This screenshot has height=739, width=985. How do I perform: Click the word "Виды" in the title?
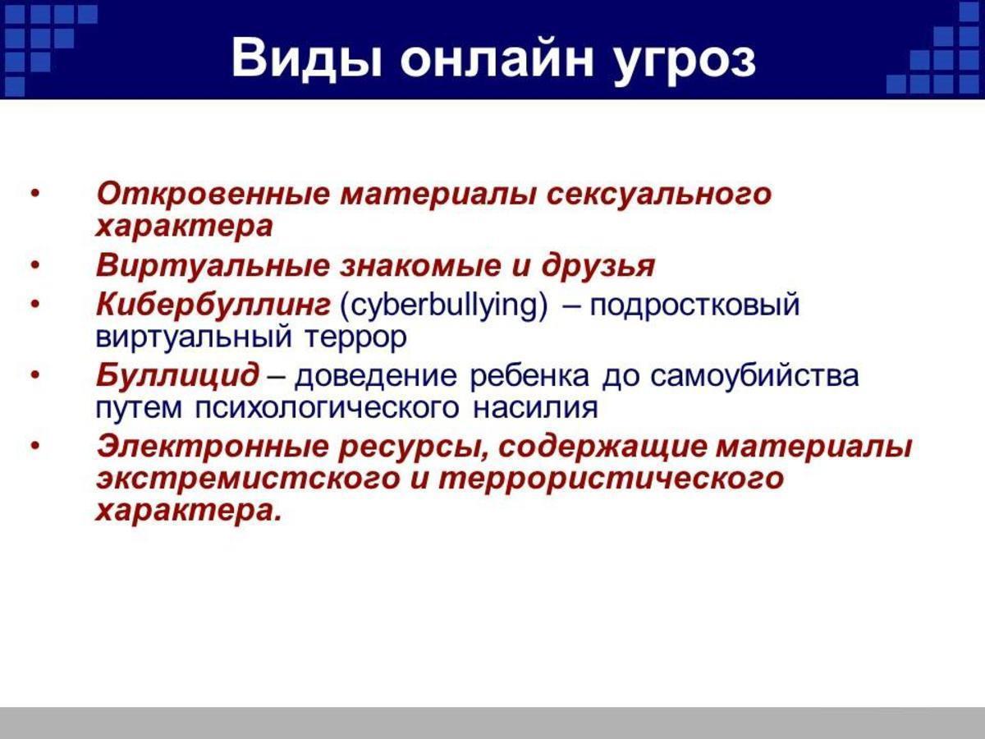[x=307, y=58]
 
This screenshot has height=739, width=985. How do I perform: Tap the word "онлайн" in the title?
[x=497, y=58]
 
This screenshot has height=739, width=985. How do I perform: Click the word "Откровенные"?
[x=213, y=194]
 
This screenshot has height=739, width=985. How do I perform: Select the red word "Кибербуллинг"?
[x=213, y=304]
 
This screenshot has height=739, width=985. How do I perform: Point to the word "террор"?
[x=355, y=338]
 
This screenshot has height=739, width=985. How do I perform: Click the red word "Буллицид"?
[x=177, y=376]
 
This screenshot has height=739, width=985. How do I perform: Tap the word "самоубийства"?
[x=754, y=375]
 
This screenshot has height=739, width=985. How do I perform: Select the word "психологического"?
[x=327, y=409]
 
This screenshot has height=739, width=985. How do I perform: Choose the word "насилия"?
[x=535, y=408]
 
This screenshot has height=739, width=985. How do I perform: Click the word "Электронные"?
[x=213, y=447]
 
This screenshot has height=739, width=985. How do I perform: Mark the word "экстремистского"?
[x=248, y=480]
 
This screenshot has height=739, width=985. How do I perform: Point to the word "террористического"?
[x=611, y=480]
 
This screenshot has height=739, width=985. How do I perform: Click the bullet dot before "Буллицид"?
[x=35, y=374]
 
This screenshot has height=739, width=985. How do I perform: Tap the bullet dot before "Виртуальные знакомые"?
[x=35, y=265]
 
